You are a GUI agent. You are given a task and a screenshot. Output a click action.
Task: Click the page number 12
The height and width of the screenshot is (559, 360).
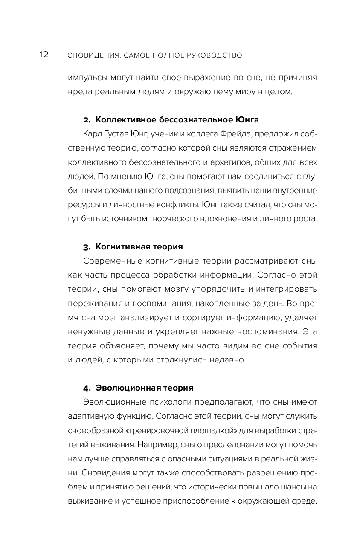coord(44,55)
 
